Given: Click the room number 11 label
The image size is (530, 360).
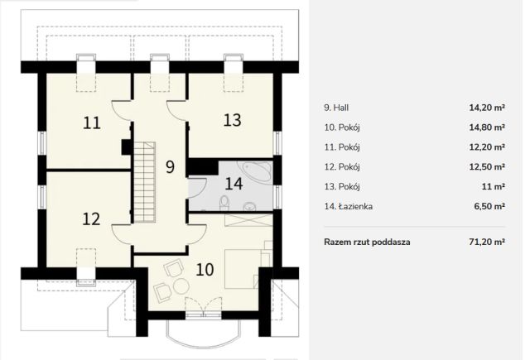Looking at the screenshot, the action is tap(92, 122).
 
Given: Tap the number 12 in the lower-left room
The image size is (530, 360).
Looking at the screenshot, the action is tap(92, 218).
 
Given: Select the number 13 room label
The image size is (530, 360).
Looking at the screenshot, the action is tap(232, 120).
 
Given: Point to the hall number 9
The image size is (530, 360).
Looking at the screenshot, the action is tap(170, 166).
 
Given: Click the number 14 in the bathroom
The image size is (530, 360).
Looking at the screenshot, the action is tap(234, 184).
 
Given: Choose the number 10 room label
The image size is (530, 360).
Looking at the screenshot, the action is tap(205, 270).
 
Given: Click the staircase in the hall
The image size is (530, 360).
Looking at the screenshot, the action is tap(145, 182).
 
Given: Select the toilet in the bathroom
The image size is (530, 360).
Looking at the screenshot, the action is tap(224, 204).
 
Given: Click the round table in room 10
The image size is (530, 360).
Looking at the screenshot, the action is tap(181, 286).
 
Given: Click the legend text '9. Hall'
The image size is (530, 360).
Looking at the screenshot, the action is tap(336, 108).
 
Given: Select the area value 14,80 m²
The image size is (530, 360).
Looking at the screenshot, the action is tap(487, 127).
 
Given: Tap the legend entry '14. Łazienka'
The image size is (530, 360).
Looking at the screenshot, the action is tap(349, 206).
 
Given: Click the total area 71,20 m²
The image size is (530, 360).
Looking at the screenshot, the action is tap(485, 242).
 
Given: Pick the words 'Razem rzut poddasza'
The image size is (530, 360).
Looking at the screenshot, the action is tap(367, 242).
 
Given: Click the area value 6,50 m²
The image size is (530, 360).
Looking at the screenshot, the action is tap(489, 206).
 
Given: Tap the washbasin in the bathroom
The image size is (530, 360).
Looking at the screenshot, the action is tap(250, 206).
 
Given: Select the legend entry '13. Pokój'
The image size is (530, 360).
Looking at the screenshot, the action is tap(342, 187).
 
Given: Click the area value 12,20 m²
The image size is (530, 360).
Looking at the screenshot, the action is tap(487, 147).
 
